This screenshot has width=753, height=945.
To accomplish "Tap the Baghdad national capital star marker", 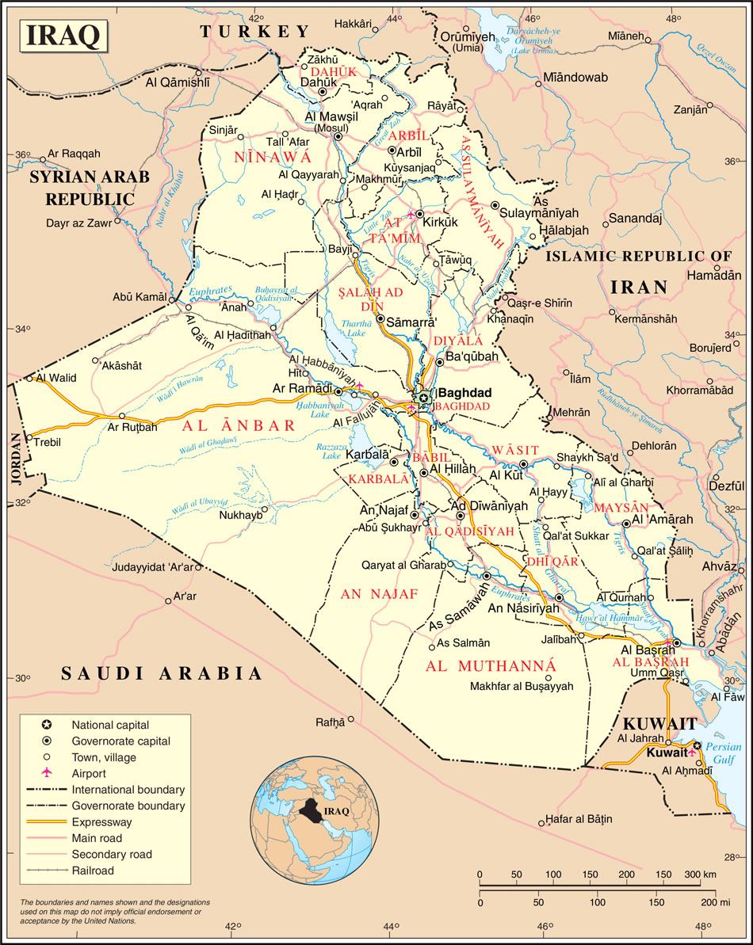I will point(424,397).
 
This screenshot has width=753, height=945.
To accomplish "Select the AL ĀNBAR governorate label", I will point(239,425).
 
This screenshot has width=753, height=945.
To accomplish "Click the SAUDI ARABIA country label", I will point(162,673).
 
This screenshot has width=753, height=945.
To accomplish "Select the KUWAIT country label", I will point(659,723).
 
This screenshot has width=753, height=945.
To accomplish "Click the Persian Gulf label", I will point(727,753).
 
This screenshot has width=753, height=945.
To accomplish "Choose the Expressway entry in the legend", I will point(101,822).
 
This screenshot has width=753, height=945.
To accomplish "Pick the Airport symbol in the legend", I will point(47,772).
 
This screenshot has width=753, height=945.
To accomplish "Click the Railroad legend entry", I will point(93,871).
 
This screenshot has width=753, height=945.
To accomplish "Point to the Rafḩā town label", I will point(331,722).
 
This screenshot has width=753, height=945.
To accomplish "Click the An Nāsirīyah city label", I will point(524,608).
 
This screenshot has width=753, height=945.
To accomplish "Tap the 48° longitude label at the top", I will point(674,17).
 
